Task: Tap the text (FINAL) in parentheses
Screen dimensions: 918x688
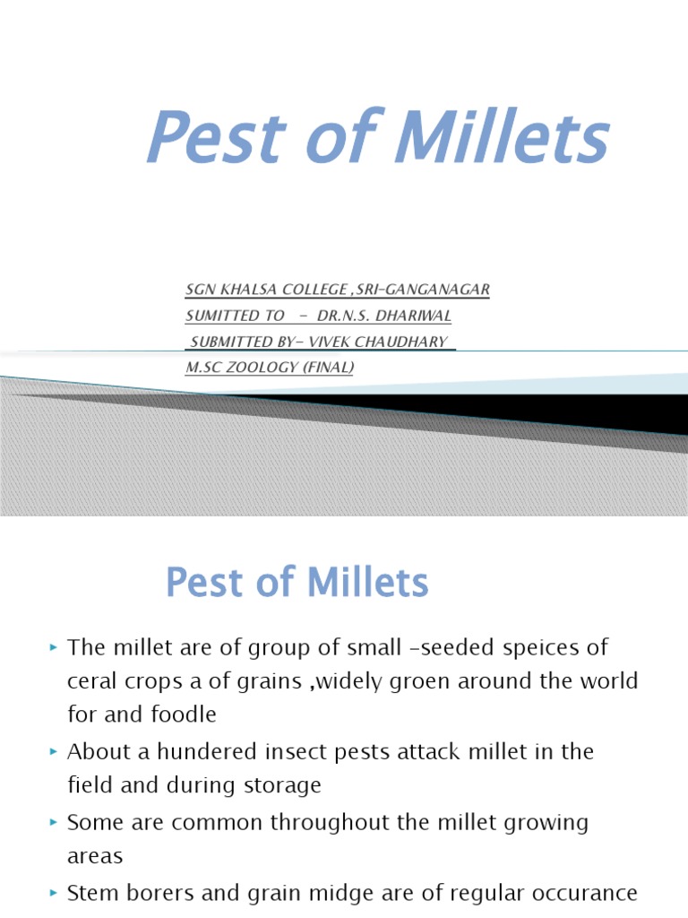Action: pyautogui.click(x=331, y=368)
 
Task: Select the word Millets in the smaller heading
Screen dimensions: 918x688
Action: pyautogui.click(x=367, y=583)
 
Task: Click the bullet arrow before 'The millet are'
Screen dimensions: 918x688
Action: pyautogui.click(x=54, y=645)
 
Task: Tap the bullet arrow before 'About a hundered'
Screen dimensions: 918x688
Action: pyautogui.click(x=54, y=750)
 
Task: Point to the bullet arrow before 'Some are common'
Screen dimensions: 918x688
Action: pyautogui.click(x=54, y=821)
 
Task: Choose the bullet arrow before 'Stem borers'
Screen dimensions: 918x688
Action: pyautogui.click(x=54, y=892)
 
